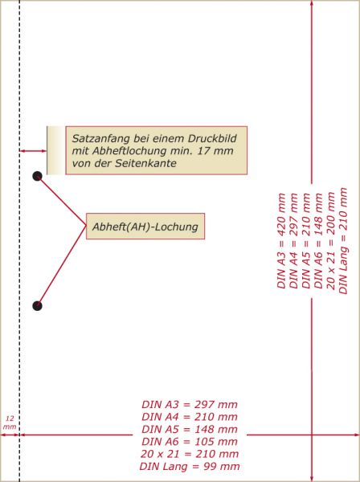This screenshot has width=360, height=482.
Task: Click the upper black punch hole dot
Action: point(37,176)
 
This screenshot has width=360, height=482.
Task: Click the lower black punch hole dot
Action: point(37,306)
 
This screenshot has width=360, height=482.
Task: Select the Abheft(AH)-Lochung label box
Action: point(145,227)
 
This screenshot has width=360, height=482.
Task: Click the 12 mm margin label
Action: point(10,423)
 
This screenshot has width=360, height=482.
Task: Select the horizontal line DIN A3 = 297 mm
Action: point(190,404)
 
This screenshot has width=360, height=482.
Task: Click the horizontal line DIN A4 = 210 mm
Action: point(190,417)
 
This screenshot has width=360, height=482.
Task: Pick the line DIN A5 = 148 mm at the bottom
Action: point(190,429)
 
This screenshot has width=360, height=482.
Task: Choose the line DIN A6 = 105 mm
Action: point(190,441)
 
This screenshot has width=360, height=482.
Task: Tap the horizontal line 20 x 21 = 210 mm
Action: point(190,454)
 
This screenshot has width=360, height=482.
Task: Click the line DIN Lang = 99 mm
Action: point(190,466)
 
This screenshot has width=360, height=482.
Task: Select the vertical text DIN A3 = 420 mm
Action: point(281,241)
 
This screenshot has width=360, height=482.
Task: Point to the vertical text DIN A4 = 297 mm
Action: point(294,241)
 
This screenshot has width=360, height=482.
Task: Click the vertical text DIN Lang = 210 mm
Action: point(343,241)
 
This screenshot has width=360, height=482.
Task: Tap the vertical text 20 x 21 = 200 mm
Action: point(331,241)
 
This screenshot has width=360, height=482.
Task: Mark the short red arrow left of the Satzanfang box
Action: point(33,151)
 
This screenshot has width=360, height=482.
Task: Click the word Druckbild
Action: point(212,139)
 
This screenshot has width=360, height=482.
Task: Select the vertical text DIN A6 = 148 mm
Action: point(318,241)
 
